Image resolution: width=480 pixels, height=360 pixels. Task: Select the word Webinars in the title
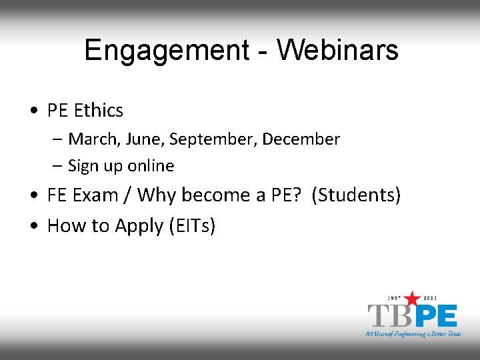pos(337,50)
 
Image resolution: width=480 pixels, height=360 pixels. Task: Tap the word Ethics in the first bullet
pos(99,110)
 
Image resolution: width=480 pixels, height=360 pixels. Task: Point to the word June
pos(146,139)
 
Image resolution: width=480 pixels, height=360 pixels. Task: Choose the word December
pos(301,139)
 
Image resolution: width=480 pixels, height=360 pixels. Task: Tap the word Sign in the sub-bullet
pos(83,165)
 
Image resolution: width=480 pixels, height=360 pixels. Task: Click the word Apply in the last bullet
pos(139,226)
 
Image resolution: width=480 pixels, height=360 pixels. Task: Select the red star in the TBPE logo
pos(413,299)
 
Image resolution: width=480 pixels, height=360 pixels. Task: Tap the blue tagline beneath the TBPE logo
pos(413,333)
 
